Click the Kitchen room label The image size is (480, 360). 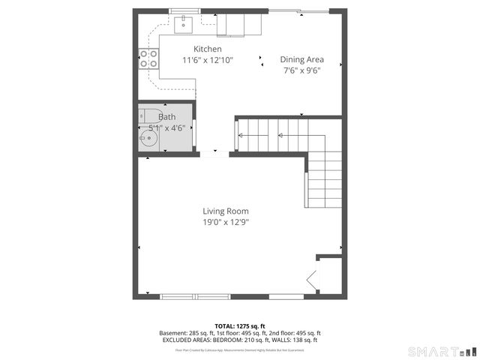point(207,49)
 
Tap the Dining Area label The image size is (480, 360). point(301,59)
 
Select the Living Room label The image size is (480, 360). point(225,211)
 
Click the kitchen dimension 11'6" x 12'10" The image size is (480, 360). point(208,60)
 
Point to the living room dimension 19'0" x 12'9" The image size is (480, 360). point(225,222)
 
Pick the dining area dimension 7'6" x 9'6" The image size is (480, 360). point(301,70)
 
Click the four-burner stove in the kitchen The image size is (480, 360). point(148,58)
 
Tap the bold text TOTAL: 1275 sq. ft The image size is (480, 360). point(239,326)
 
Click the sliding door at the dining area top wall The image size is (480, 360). point(298,10)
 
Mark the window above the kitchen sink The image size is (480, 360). point(183,10)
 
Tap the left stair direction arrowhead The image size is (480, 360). point(241,136)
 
